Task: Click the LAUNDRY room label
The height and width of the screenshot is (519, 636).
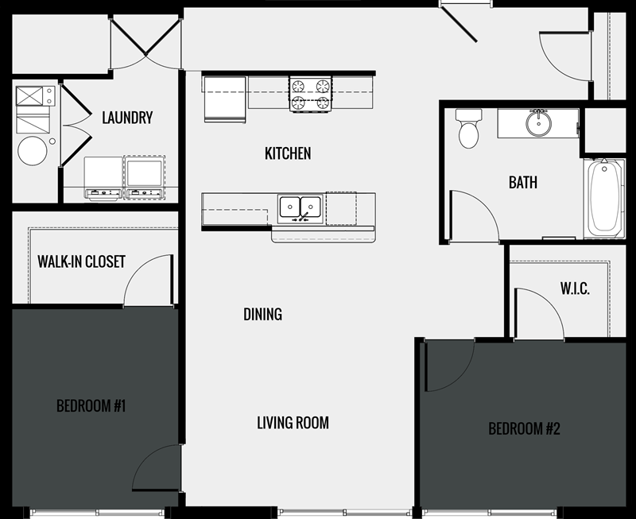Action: [x=127, y=118]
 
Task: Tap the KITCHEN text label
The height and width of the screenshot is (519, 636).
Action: [x=288, y=153]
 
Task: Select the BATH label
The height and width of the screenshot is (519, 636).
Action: [x=523, y=183]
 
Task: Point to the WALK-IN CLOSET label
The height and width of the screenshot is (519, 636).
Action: [x=81, y=261]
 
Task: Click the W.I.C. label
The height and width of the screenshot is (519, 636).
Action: [x=574, y=289]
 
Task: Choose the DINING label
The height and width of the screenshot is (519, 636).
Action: [x=262, y=315]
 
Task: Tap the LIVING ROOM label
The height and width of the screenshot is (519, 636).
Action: [x=293, y=423]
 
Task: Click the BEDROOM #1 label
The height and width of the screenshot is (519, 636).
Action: [x=91, y=407]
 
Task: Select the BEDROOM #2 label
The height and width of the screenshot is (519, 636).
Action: [x=524, y=429]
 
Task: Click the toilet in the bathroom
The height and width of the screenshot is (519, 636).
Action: [x=468, y=129]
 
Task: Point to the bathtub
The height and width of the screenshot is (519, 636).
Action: [x=604, y=197]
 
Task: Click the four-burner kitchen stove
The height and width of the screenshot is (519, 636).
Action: [x=310, y=93]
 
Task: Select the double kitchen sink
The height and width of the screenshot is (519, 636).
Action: [x=300, y=208]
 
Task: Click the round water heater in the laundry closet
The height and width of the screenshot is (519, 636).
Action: [x=33, y=150]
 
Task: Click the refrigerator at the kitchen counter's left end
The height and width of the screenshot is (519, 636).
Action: [x=225, y=100]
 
